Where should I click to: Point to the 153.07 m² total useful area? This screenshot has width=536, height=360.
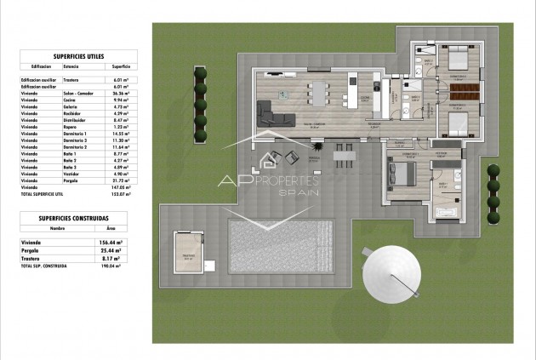[x=122, y=195]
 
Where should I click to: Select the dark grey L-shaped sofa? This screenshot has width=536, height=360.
[x=275, y=112]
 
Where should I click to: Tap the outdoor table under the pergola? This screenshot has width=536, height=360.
[x=343, y=154]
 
